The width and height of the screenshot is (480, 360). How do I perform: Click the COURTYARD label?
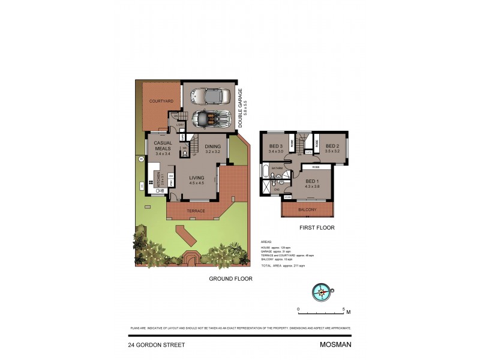click(161, 101)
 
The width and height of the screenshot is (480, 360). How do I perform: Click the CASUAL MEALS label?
click(163, 145)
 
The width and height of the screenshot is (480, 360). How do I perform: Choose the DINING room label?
click(213, 146)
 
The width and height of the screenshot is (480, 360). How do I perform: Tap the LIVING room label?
click(197, 178)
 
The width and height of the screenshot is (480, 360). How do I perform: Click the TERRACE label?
click(196, 211)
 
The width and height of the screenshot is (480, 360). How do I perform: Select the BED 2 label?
click(333, 146)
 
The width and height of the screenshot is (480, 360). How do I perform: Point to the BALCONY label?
click(308, 209)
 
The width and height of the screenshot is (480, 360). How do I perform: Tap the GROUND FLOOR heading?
click(230, 278)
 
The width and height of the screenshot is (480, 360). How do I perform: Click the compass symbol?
click(322, 292)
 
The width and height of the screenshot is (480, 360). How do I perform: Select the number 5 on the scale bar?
click(343, 310)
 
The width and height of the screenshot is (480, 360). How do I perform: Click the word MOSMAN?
click(335, 345)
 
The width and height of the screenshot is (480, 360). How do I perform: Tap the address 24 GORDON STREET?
click(156, 345)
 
